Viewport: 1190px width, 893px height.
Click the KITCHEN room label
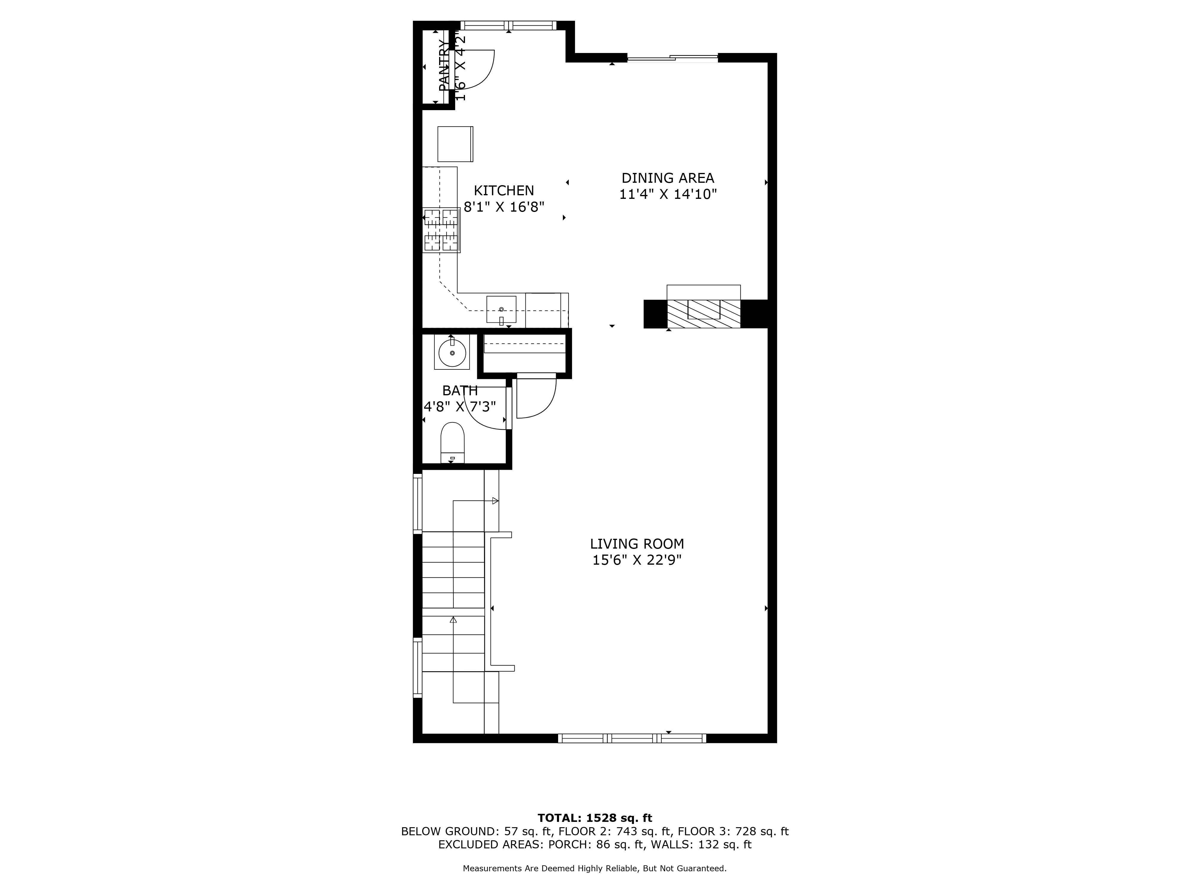pos(504,191)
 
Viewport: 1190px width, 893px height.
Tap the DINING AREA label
pos(668,178)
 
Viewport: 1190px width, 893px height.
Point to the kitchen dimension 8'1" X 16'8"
pos(504,207)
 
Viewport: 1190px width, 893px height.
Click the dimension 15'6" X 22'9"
pos(637,560)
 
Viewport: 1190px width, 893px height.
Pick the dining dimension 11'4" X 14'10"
pos(668,194)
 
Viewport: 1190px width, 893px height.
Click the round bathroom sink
pos(452,352)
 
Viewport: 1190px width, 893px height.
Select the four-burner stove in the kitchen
pos(441,230)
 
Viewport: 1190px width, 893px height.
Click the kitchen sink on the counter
pos(501,310)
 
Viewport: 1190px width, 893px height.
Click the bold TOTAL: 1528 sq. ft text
pos(594,818)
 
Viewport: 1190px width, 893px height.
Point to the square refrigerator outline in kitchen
pos(455,144)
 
